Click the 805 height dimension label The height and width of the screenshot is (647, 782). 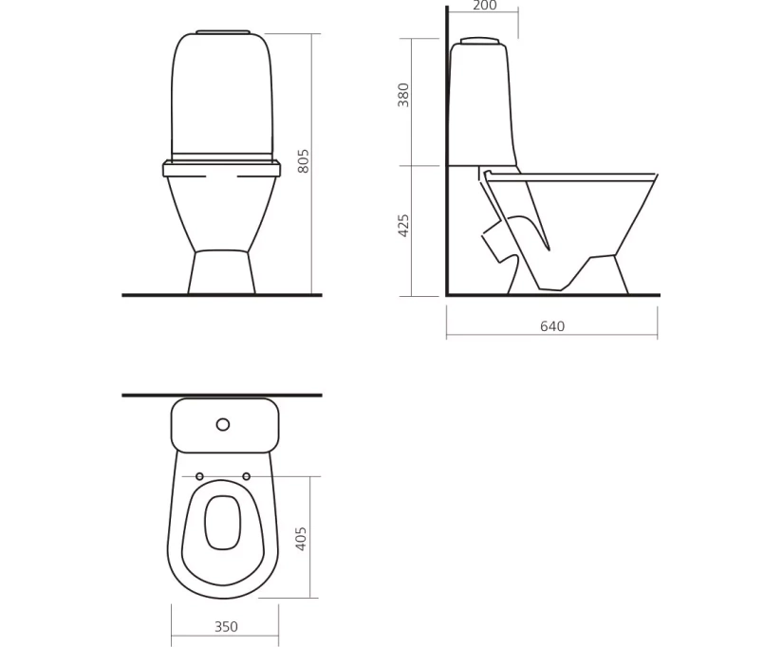pyautogui.click(x=303, y=161)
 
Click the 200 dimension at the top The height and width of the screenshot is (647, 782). pyautogui.click(x=484, y=6)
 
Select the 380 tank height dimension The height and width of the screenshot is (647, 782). pyautogui.click(x=403, y=95)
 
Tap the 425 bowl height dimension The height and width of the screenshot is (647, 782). pyautogui.click(x=403, y=225)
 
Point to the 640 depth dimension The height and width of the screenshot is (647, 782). pyautogui.click(x=552, y=326)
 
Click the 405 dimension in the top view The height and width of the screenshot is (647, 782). pyautogui.click(x=301, y=538)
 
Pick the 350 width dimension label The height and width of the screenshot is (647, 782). pyautogui.click(x=226, y=626)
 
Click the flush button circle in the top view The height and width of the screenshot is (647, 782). pyautogui.click(x=223, y=425)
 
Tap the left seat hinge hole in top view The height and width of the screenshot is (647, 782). pyautogui.click(x=200, y=476)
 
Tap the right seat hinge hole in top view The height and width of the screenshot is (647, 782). pyautogui.click(x=246, y=476)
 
